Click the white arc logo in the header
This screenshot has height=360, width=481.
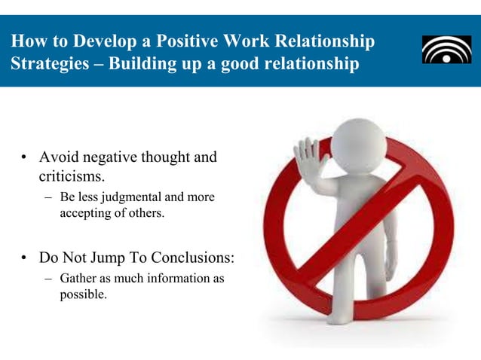pos(446,50)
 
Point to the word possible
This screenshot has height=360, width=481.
pos(83,294)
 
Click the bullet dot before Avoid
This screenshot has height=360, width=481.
pos(25,158)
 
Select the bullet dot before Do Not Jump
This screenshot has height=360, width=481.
pos(25,258)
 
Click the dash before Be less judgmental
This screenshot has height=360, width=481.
pos(47,198)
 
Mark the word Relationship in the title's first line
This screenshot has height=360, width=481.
pos(328,39)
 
